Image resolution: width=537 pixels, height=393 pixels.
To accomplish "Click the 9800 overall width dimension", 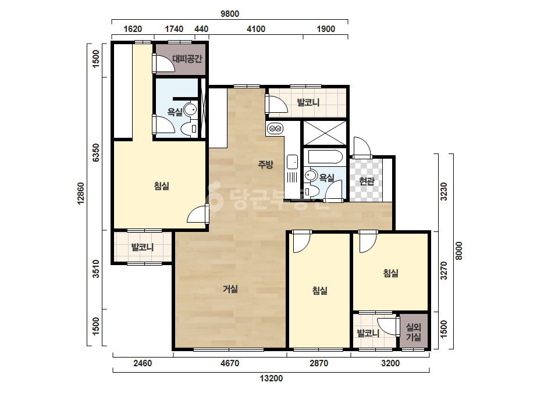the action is coord(230,14).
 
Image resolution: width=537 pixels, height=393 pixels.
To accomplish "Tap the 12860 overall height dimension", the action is coord(81,194).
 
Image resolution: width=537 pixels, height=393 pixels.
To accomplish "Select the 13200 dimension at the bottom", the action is coord(271,378).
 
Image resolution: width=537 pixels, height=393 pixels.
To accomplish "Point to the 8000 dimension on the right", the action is coord(459,251).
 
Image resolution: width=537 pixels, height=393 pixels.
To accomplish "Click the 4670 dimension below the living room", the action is coord(230,363).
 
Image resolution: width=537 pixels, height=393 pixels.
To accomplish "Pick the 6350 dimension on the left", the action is coord(96,153).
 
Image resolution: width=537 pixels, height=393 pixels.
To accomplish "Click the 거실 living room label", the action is coord(230,289).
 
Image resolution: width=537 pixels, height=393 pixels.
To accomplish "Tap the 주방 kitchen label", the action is coord(266,165).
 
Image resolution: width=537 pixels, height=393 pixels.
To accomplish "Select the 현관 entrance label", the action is coord(367,181).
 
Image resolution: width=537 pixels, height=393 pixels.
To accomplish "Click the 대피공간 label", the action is coord(187,59).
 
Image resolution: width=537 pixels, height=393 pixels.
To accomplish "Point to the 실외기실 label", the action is coord(414,332).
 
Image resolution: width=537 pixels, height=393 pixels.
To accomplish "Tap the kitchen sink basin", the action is coord(292,162).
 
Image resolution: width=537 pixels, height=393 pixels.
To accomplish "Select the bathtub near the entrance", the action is coord(325,158).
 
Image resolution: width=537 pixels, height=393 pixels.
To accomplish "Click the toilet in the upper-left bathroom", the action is coord(187,129).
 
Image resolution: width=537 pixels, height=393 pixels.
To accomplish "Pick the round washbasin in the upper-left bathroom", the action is coord(190,110).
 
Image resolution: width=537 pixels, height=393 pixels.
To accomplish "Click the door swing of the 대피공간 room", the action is coord(163,63).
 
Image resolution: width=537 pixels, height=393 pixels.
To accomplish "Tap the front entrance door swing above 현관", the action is coord(362,147).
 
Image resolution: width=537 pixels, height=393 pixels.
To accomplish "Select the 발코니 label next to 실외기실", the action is coord(368,333).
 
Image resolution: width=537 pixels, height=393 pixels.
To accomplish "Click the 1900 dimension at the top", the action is coord(326,28).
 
